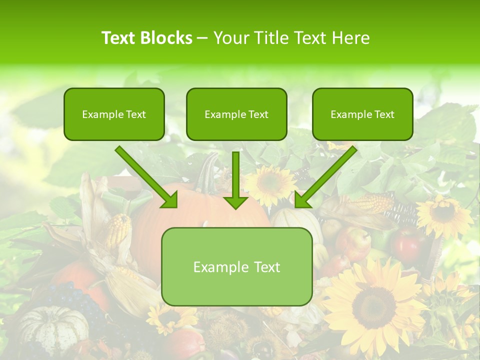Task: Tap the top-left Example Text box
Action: pos(114,114)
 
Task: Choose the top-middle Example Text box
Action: pos(236,114)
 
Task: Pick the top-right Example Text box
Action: pos(362,114)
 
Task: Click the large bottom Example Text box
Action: pos(236,266)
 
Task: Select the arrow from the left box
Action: pos(146,177)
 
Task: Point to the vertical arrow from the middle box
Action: pos(235,180)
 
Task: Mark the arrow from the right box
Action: pos(326,177)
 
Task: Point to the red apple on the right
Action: pos(408,243)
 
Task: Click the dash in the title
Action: pos(202,38)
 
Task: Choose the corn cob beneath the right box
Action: pos(373,203)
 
